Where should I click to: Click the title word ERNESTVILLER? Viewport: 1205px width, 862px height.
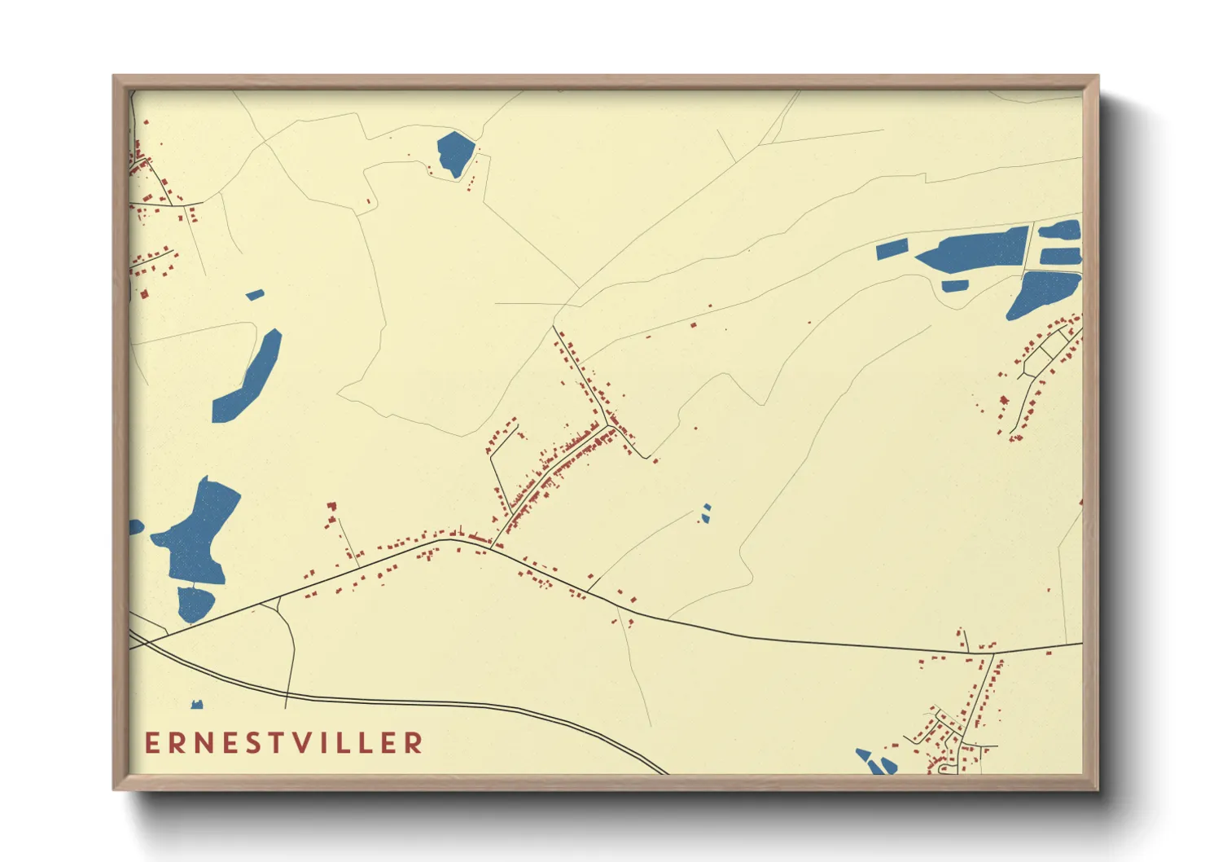(284, 742)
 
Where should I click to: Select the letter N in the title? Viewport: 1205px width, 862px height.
(204, 742)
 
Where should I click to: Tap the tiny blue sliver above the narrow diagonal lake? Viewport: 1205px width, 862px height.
(255, 294)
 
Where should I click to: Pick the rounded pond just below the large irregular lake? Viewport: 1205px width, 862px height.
(195, 604)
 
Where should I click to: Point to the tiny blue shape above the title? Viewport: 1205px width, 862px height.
(196, 704)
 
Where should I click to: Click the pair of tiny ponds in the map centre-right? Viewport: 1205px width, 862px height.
(706, 512)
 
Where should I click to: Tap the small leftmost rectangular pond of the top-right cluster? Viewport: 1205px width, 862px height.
(892, 249)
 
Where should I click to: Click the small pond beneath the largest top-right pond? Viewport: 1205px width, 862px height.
(954, 286)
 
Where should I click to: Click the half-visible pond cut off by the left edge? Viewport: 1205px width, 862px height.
(135, 527)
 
